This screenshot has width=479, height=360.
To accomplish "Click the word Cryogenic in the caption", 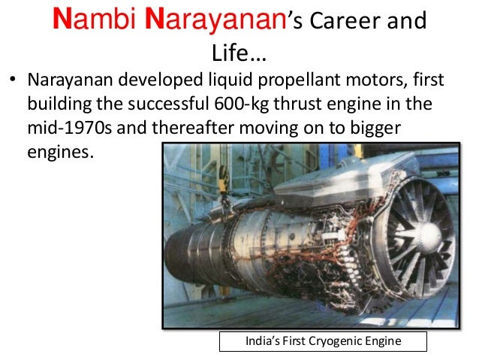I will pos(336,341).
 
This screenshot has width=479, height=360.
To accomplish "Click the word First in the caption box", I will pos(297,341).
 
